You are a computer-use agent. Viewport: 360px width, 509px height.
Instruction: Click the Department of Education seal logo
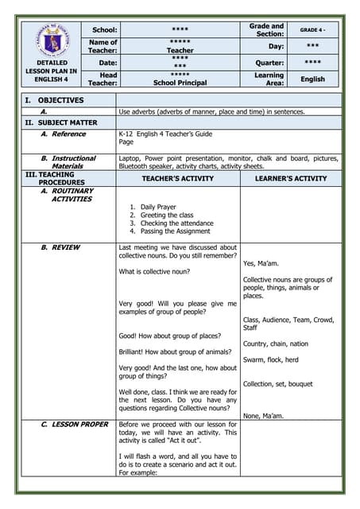coord(51,38)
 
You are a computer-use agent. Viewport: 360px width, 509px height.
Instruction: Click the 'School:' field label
coord(104,29)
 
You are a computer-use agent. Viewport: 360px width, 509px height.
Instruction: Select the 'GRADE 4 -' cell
coord(312,29)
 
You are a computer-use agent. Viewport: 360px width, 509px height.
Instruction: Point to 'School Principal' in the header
coord(180,83)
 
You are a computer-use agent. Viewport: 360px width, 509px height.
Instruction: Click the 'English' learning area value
coord(312,79)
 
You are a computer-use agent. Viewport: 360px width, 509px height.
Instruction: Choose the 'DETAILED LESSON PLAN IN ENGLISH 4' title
coord(51,70)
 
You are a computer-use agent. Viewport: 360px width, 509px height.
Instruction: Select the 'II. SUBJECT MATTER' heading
coord(61,122)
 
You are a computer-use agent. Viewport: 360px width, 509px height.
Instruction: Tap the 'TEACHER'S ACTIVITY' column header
coord(178,179)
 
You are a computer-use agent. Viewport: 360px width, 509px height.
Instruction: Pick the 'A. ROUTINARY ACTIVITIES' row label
coord(67,195)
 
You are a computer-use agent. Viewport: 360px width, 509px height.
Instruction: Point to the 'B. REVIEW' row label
coord(60,248)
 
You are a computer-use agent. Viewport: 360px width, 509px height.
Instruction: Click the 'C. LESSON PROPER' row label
coord(74,425)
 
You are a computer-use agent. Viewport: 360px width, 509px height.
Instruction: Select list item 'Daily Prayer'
coord(158,207)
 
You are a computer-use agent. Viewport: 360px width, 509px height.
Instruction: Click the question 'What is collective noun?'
coord(159,272)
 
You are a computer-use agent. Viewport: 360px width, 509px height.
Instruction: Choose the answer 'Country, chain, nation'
coord(276,344)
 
